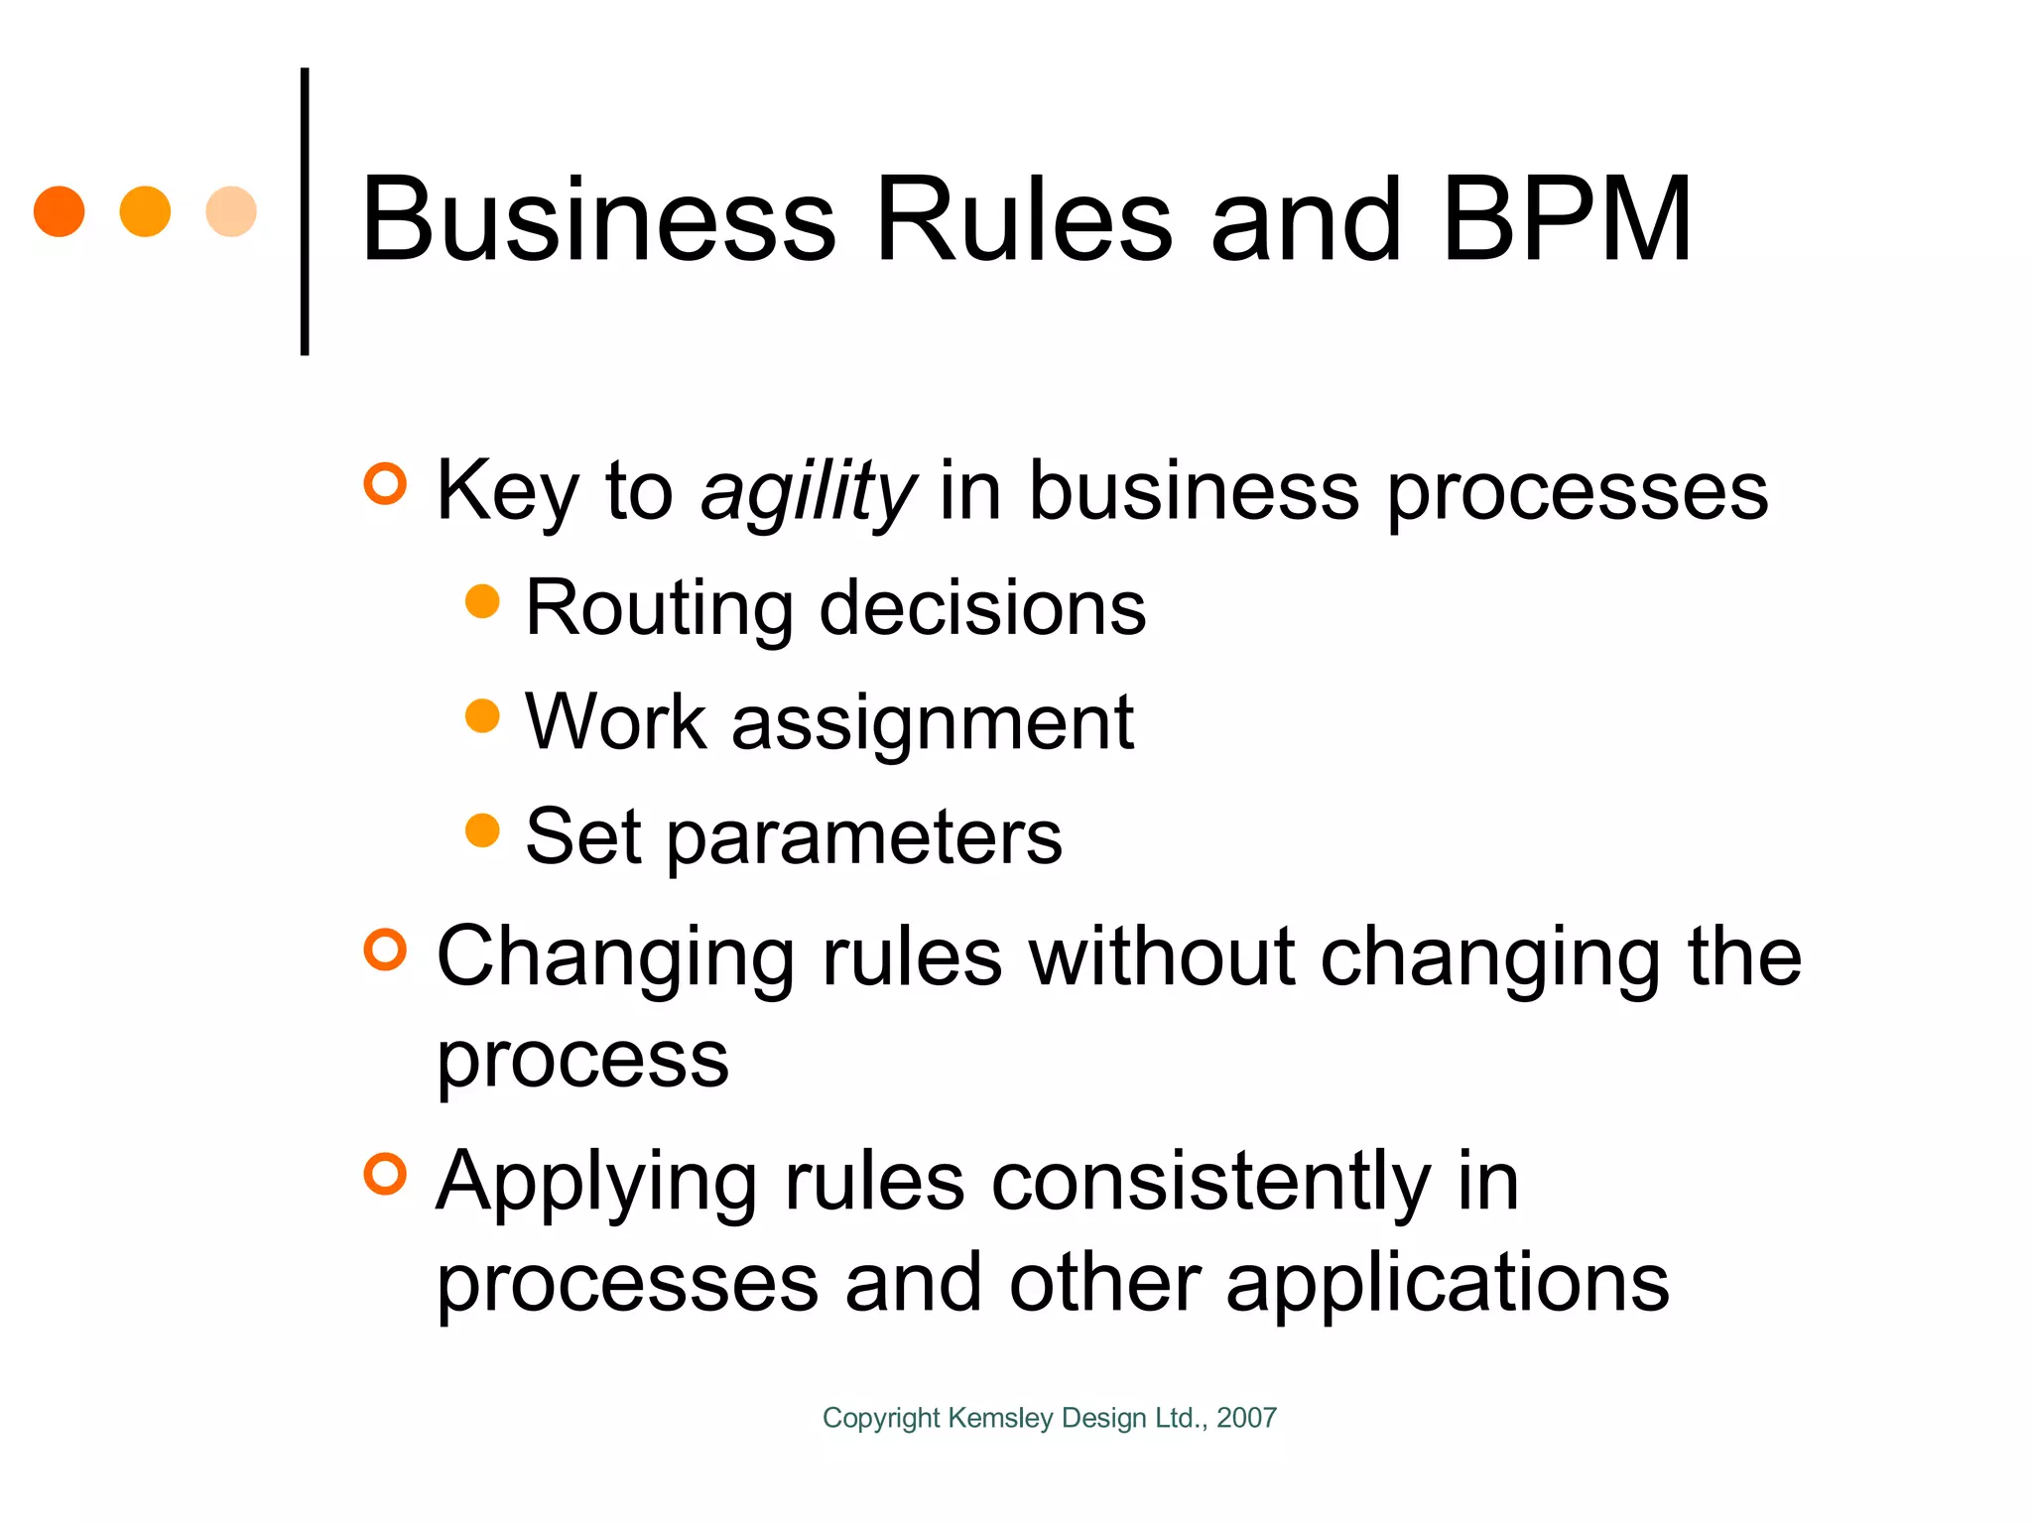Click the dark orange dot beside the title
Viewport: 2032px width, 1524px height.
point(59,211)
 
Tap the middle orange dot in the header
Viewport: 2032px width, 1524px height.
point(145,211)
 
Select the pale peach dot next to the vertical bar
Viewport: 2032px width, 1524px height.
point(231,211)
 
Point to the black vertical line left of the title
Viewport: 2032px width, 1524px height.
point(305,211)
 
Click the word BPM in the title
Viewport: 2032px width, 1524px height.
point(1567,220)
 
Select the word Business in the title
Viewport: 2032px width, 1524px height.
point(598,220)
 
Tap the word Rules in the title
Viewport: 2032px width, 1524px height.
point(1024,220)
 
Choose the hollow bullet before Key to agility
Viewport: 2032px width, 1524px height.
point(385,484)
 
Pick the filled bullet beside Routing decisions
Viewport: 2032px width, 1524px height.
point(482,601)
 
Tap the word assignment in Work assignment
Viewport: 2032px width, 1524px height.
point(933,723)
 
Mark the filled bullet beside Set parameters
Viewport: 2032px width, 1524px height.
point(482,830)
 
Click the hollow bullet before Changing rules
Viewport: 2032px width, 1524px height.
point(385,950)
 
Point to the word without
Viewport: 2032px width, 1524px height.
point(1162,956)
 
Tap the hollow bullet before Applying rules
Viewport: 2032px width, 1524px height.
point(385,1175)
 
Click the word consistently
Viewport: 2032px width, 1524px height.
point(1210,1183)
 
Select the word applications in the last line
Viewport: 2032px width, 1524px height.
point(1448,1283)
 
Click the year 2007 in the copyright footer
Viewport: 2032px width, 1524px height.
point(1246,1418)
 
